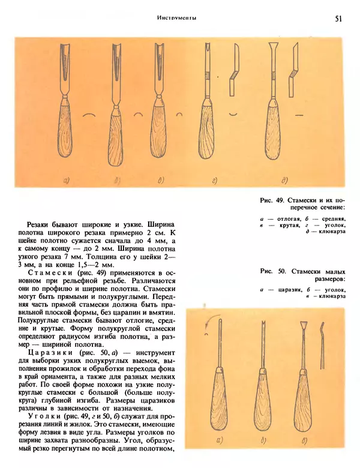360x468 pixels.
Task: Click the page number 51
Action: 338,19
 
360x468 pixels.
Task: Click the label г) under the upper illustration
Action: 214,178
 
